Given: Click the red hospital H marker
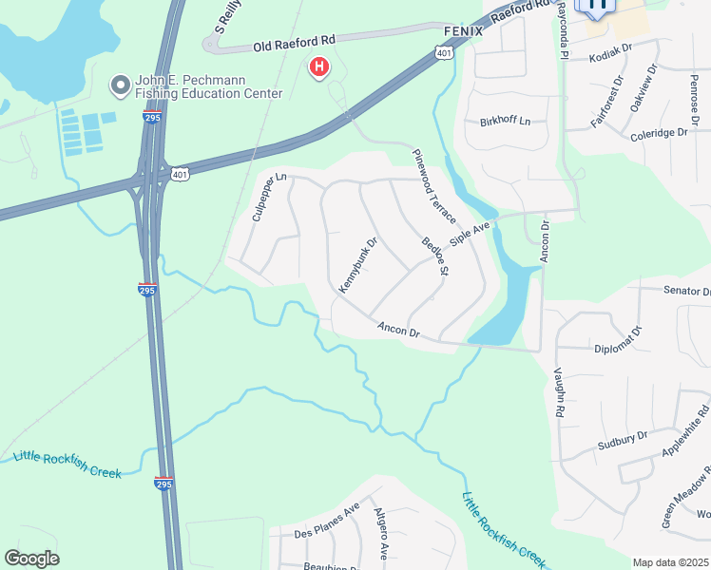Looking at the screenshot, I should pyautogui.click(x=319, y=67).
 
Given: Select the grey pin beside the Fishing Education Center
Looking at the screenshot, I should pyautogui.click(x=121, y=86).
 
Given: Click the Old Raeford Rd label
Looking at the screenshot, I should pyautogui.click(x=294, y=43).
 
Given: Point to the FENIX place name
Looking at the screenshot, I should pyautogui.click(x=464, y=30).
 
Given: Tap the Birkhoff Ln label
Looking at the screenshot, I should pyautogui.click(x=506, y=122).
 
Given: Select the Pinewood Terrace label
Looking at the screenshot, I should pyautogui.click(x=432, y=186).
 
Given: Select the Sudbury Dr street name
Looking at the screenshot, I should pyautogui.click(x=623, y=439).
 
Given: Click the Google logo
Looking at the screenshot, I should pyautogui.click(x=31, y=559).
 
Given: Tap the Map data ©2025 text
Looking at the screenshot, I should pyautogui.click(x=669, y=562).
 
